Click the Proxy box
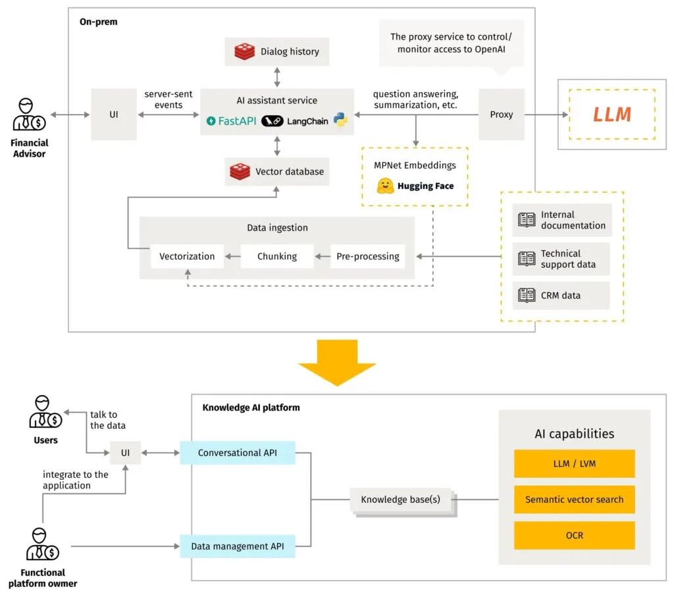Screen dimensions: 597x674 501,115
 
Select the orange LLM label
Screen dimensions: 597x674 611,115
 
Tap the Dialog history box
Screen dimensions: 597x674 276,51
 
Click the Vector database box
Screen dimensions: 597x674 276,172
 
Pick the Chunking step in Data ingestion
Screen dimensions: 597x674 276,256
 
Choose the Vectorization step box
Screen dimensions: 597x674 187,256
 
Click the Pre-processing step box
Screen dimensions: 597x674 367,256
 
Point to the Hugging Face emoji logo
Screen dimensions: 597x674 384,186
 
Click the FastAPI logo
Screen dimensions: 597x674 231,121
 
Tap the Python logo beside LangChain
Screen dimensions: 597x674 340,120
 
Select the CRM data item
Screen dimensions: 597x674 561,296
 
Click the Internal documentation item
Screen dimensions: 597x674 563,220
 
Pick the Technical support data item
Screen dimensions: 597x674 561,259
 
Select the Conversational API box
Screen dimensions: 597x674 237,453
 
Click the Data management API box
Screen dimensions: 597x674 237,546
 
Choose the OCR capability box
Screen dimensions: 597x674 573,535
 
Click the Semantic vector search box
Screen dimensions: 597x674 573,500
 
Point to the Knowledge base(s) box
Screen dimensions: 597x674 400,500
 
